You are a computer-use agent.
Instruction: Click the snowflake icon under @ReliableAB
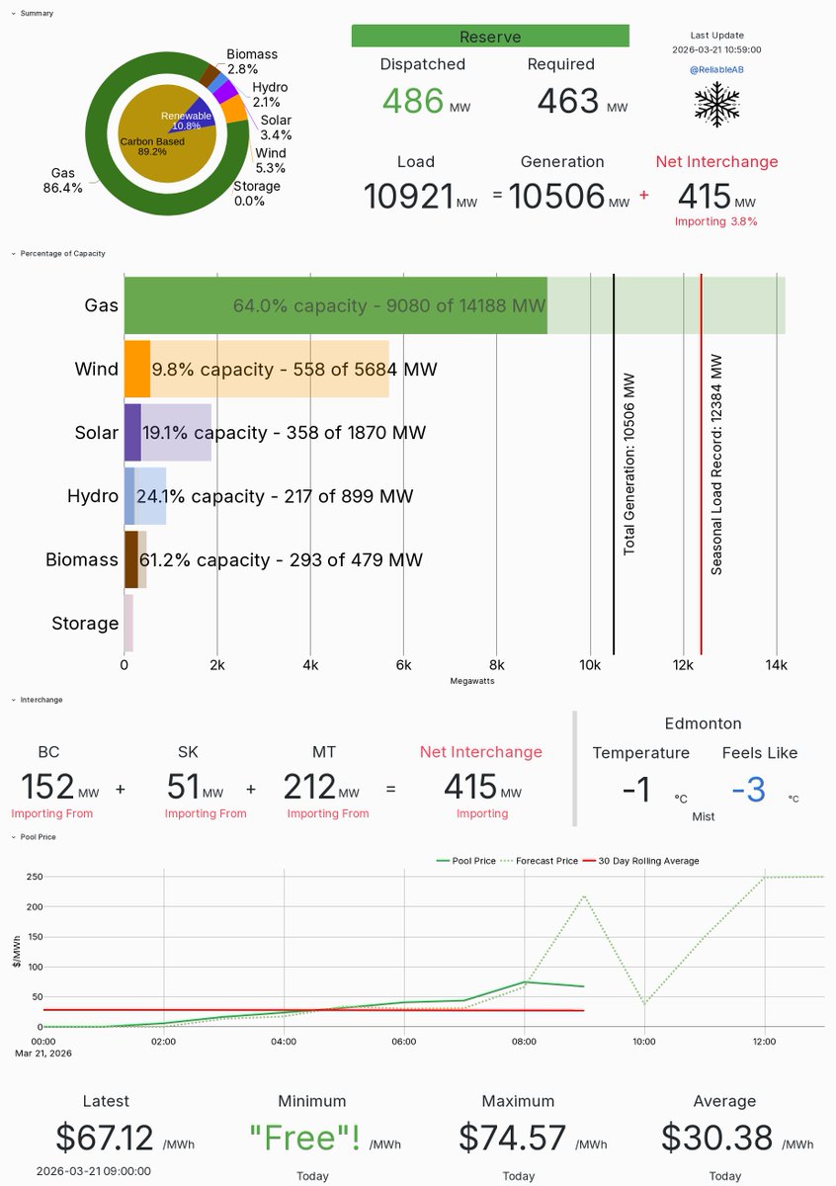coord(717,103)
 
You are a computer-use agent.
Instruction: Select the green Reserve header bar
coord(490,37)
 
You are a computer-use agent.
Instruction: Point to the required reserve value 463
coord(568,102)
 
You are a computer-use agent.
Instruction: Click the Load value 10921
coord(408,196)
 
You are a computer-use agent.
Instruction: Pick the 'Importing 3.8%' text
coord(715,221)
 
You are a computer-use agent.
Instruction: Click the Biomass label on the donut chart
coord(252,54)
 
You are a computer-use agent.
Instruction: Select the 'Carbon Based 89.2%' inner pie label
coord(152,147)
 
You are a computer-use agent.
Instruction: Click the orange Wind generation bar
coord(136,369)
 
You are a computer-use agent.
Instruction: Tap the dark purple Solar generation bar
coord(132,433)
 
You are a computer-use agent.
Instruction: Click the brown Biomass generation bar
coord(130,559)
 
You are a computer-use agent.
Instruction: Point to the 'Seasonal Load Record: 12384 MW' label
coord(717,465)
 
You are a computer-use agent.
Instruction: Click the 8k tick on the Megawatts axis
coord(497,665)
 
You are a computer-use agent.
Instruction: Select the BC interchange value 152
coord(47,788)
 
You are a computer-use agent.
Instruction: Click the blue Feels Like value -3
coord(749,790)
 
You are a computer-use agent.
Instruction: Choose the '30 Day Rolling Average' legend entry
coord(641,861)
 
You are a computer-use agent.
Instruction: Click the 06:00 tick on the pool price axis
coord(404,1041)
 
